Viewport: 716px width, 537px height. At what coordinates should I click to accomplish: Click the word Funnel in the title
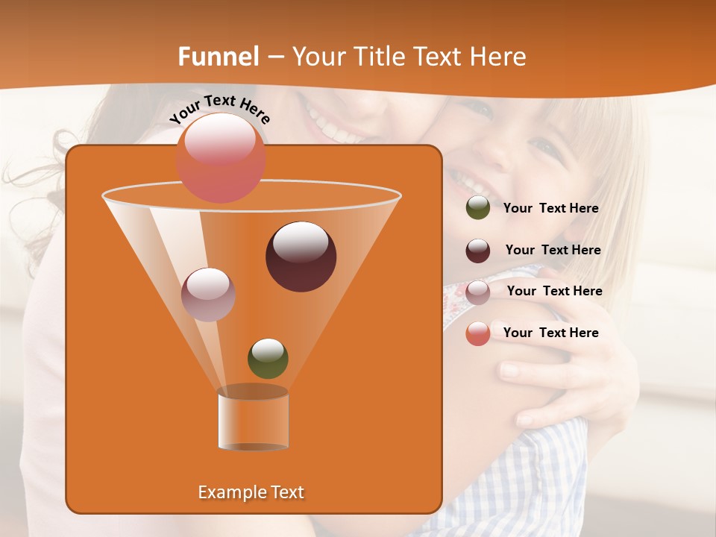coord(218,57)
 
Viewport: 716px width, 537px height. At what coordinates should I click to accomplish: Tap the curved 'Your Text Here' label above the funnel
coord(219,110)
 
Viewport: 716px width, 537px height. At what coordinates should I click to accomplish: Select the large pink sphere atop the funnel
coord(221,157)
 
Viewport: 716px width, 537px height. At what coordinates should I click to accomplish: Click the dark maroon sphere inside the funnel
coord(301,256)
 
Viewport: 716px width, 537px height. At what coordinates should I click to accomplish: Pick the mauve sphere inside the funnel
coord(208,294)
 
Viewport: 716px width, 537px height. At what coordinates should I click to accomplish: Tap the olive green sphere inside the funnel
coord(268,358)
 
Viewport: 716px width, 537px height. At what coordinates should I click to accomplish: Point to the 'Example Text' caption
coord(251,492)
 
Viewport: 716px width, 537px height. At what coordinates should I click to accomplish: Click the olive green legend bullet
coord(478,208)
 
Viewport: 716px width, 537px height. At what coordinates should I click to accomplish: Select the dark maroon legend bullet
coord(478,251)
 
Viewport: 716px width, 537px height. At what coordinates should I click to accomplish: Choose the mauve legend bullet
coord(478,292)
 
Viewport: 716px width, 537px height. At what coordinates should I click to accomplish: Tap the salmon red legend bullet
coord(478,333)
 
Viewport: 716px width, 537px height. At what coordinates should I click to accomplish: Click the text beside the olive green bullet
coord(550,209)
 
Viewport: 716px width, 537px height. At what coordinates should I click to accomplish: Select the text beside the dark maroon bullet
coord(553,251)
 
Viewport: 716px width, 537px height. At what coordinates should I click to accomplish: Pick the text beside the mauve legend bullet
coord(554,292)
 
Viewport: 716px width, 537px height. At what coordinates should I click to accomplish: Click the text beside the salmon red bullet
coord(550,333)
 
